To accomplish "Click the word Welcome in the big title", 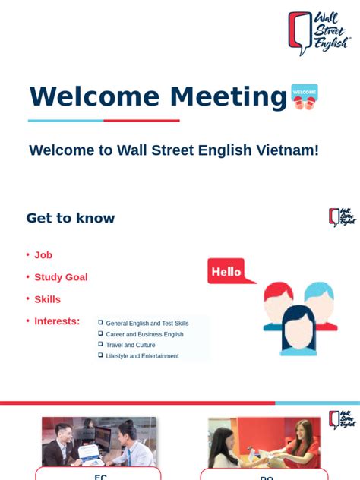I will (95, 97).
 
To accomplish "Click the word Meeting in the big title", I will (229, 97).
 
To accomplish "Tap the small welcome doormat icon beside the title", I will (305, 96).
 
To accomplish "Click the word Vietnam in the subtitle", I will (286, 150).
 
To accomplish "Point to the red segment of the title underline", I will (142, 121).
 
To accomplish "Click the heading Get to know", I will (71, 218).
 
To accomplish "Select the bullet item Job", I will (43, 255).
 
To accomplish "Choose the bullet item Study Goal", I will (61, 277).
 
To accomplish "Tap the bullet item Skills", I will (47, 299).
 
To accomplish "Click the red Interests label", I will (57, 321).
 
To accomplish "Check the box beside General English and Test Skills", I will (100, 323).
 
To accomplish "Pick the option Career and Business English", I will (144, 334).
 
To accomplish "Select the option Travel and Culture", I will (131, 345).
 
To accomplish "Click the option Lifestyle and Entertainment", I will (142, 355).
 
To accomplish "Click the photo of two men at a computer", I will (99, 441).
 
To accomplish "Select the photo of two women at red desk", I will (264, 441).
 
